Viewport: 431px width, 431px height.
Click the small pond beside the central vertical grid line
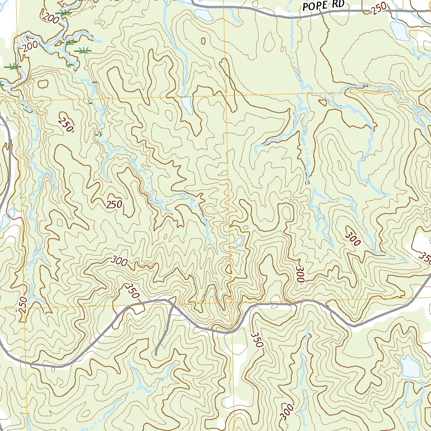tap(239, 241)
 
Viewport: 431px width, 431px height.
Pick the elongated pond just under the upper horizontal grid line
tap(187, 106)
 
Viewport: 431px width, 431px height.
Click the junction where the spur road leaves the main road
tap(172, 301)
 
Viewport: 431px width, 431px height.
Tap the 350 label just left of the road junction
tap(132, 291)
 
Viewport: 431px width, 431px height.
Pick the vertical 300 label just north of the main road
tap(300, 274)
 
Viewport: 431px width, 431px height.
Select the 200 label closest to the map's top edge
tap(51, 17)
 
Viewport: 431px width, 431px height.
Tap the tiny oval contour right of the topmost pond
tap(204, 41)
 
